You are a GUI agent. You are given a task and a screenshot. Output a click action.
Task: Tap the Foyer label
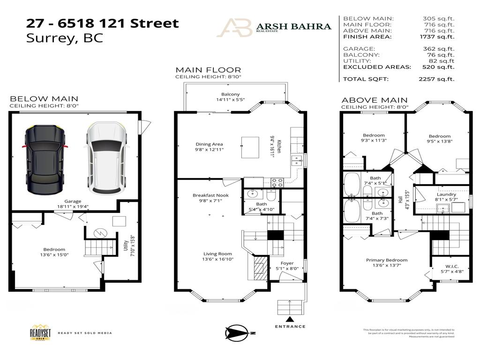coord(287,263)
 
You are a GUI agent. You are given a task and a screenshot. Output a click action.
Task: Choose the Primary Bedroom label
coord(387,260)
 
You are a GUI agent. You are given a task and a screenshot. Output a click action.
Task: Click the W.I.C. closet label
coord(451,266)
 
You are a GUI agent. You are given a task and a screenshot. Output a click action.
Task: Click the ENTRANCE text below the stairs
coord(290,326)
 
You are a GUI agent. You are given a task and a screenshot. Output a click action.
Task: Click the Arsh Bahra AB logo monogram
coord(234,27)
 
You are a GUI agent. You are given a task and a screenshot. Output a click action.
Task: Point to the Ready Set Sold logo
coord(41,332)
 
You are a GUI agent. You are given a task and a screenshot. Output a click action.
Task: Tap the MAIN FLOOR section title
coord(208,70)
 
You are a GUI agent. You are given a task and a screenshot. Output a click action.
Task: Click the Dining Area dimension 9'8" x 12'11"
coord(209,150)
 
